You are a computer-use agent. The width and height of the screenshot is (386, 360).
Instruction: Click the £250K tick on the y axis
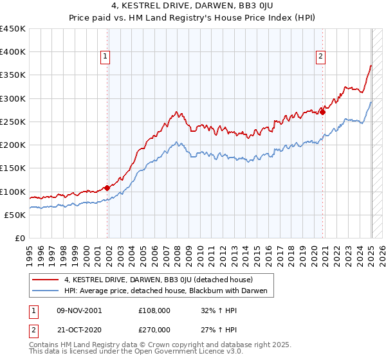pos(13,122)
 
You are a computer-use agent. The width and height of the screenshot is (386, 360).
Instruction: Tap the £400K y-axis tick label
pos(13,52)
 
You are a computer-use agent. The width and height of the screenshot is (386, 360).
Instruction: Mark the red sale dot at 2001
pos(107,188)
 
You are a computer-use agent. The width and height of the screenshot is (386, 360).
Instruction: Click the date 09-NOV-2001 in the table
pos(79,310)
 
